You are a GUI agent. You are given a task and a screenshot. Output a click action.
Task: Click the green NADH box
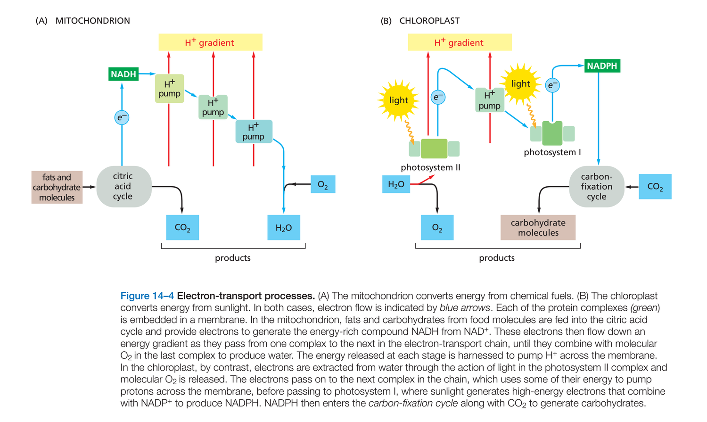tap(123, 74)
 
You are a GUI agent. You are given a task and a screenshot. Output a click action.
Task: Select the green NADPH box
tap(602, 66)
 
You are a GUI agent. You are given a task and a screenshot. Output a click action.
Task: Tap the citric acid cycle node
tap(123, 186)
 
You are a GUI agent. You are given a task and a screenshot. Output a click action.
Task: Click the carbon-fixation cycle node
tap(596, 186)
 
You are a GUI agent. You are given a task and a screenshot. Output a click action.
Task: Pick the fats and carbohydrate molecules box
tap(57, 187)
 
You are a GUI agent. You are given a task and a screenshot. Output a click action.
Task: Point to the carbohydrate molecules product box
tap(538, 228)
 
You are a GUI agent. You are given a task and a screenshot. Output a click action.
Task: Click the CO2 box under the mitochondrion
tap(182, 228)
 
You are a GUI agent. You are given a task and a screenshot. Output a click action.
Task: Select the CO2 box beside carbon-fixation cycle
tap(655, 186)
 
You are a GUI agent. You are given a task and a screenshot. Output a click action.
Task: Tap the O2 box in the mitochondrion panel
tap(323, 184)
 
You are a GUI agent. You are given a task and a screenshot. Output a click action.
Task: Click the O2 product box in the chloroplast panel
tap(437, 228)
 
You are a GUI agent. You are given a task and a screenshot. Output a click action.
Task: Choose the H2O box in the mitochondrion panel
tap(283, 228)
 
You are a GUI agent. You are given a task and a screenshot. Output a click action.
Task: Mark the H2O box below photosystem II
tap(396, 184)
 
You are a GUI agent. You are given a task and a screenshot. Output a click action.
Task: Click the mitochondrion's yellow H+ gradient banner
tap(210, 42)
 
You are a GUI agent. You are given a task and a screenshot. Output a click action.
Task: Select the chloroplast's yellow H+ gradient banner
tap(460, 42)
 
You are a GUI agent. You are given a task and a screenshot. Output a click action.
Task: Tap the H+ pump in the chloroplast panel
tap(489, 100)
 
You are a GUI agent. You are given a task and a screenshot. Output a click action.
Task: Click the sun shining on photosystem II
tap(398, 100)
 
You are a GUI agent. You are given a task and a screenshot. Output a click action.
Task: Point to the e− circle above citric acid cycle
tap(122, 117)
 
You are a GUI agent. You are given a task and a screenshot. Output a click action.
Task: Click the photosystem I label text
tap(552, 152)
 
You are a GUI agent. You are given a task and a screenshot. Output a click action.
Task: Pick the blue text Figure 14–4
tap(147, 296)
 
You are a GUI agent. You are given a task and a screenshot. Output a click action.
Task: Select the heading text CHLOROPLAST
tap(429, 21)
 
